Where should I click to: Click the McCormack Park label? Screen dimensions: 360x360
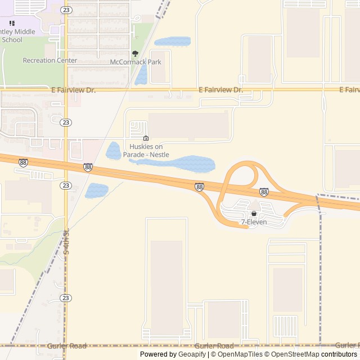(x=136, y=62)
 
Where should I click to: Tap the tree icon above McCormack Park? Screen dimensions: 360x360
(x=135, y=53)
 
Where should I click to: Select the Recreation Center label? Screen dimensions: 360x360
(x=50, y=60)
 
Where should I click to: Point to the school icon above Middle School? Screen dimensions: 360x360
(x=12, y=23)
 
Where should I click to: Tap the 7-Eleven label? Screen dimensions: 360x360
(x=254, y=222)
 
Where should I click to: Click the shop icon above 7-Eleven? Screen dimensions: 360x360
(x=254, y=214)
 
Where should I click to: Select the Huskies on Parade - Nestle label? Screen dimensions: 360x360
(x=146, y=150)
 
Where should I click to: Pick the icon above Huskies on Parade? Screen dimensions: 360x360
(x=146, y=138)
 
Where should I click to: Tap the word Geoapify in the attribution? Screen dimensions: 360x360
(x=192, y=354)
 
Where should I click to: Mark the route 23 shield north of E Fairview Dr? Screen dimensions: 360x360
(x=66, y=10)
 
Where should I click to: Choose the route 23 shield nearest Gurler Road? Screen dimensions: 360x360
(x=66, y=298)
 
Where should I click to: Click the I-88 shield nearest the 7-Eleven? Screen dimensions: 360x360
(x=264, y=192)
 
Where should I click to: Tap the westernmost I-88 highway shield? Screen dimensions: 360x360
(x=23, y=163)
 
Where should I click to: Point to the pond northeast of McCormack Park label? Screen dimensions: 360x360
(x=172, y=42)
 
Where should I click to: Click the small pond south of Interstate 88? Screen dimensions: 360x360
(x=96, y=191)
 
